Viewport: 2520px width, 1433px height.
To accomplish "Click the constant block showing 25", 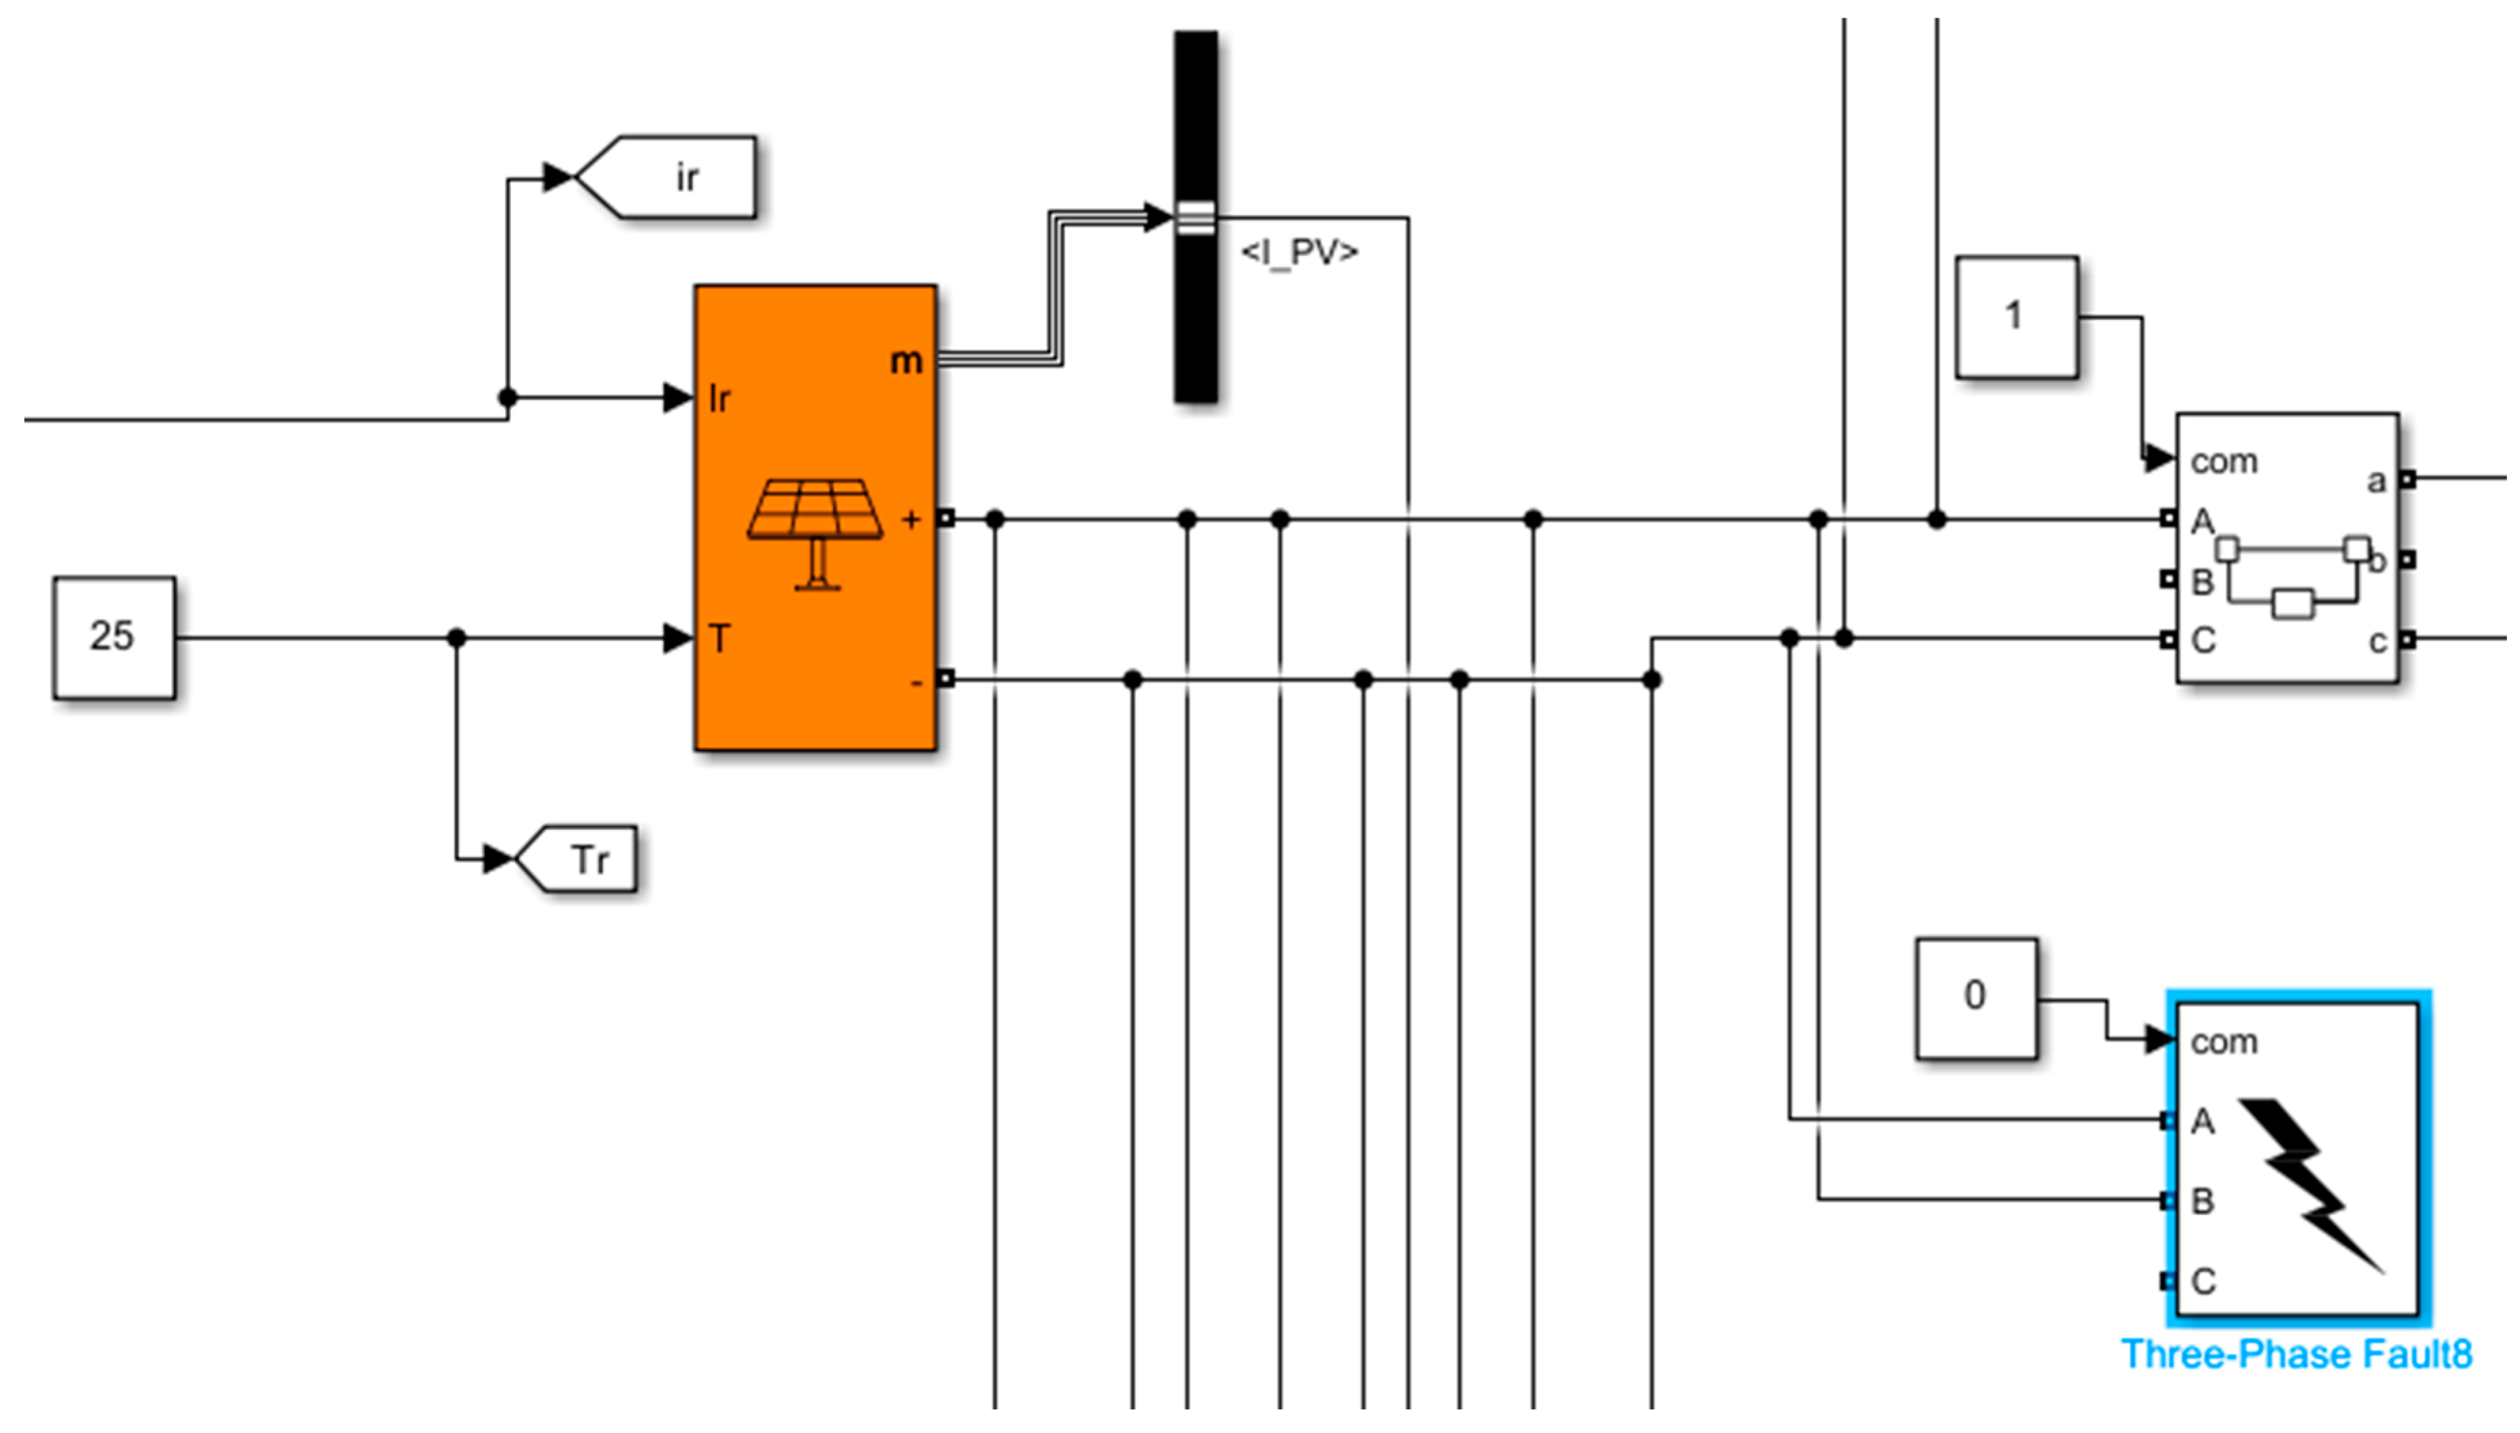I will coord(114,637).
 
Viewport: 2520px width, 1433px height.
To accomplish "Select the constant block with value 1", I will coord(2016,317).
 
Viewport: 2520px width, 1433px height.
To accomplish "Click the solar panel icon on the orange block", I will coord(815,532).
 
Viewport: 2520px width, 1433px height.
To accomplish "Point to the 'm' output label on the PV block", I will coord(905,361).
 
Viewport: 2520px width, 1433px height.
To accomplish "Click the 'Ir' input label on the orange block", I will coord(719,399).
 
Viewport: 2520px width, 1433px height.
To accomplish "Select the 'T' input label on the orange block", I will coord(719,639).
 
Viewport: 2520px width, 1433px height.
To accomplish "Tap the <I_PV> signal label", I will coord(1299,253).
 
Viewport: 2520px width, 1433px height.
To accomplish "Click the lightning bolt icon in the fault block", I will coord(2308,1181).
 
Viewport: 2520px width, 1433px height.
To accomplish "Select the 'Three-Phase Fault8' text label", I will coord(2296,1354).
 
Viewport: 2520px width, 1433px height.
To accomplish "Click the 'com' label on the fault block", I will coord(2224,1041).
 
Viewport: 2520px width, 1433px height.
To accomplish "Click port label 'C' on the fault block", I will coord(2203,1280).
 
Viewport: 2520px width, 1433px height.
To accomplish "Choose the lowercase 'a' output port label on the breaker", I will coord(2375,482).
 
